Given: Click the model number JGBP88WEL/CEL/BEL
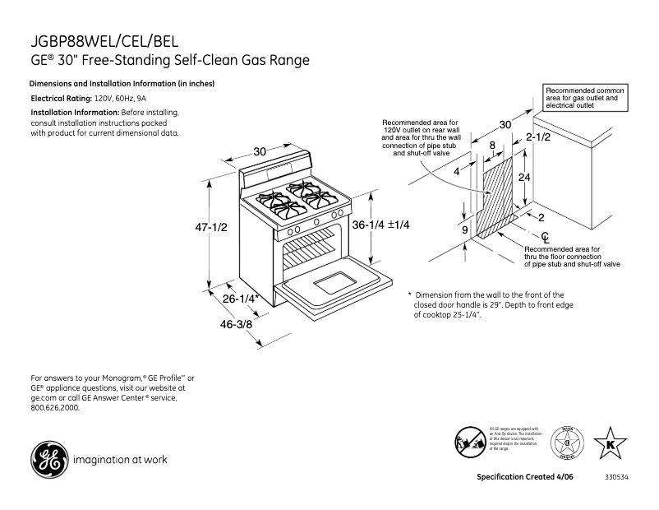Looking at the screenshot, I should point(104,41).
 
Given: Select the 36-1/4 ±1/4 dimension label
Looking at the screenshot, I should point(381,225).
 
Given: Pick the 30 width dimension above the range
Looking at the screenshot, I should point(260,151).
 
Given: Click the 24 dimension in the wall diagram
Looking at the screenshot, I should point(524,177).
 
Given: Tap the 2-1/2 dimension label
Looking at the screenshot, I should point(538,137).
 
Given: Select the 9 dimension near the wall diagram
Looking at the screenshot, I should point(464,230).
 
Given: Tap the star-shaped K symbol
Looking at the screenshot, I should point(609,444).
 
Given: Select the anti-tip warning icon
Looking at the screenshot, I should point(469,443).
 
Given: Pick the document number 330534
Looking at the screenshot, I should point(616,478).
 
